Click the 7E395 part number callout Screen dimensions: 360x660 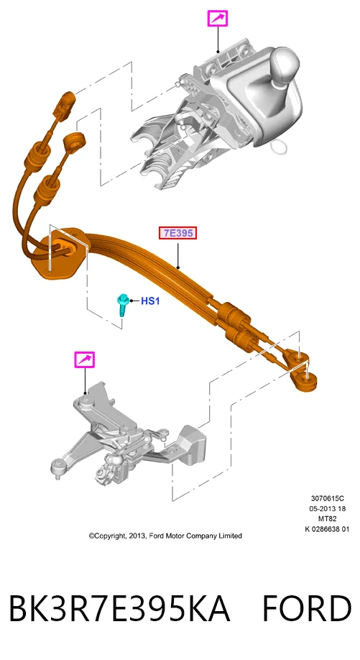coord(177,233)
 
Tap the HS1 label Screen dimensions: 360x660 coord(150,301)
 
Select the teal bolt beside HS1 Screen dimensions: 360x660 coord(123,306)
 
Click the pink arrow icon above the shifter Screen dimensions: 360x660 coord(218,19)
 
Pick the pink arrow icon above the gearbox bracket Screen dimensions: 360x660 coord(85,359)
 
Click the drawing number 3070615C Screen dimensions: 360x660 coord(328,498)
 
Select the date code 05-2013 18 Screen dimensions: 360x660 coord(328,508)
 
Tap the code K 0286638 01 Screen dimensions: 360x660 coord(327,528)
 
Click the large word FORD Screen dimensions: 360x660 coord(307,608)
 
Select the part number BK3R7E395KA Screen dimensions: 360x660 coord(119,608)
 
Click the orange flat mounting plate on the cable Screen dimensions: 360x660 coord(63,252)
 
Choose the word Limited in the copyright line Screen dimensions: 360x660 coord(230,536)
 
